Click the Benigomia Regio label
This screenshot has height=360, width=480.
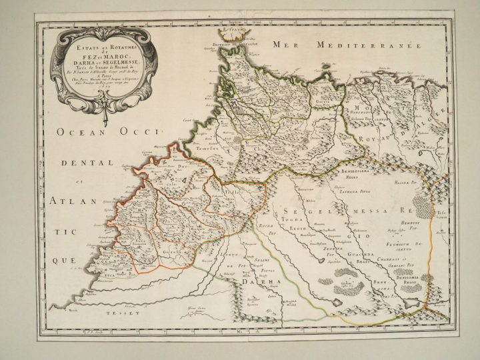pos(403,280)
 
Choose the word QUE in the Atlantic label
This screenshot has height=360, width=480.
pos(65,261)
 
